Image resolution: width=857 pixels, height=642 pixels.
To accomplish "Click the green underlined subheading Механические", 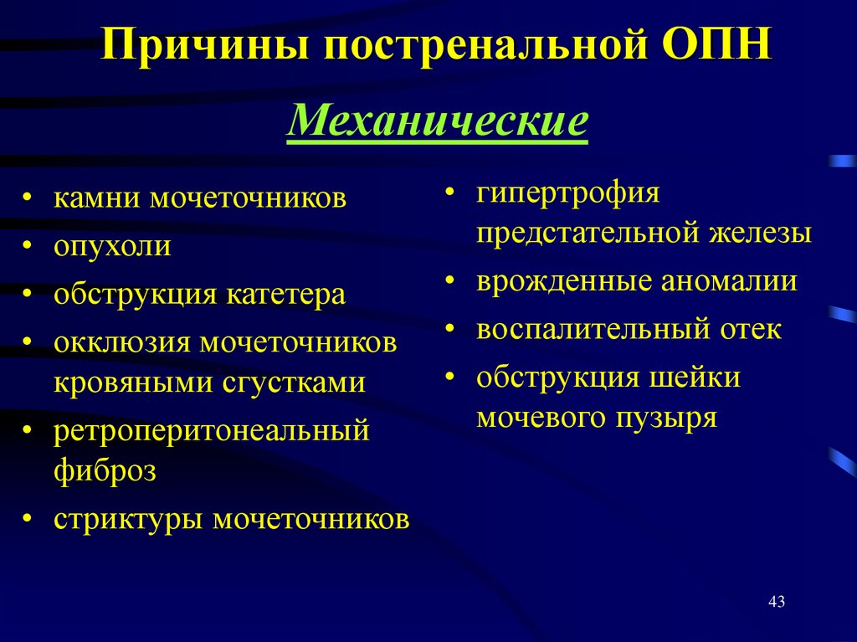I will coord(437,122).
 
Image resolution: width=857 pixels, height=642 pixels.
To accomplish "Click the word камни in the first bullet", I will coord(98,198).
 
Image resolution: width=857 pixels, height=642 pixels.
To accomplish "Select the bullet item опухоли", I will coord(112,247).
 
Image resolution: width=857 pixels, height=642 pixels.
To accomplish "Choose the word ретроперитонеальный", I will coord(211,431).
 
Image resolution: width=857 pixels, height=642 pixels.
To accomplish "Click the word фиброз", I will coord(105,470).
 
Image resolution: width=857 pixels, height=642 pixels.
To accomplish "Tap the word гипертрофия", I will coord(568,193).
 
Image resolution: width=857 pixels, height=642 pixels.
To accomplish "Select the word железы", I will coord(762,233).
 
